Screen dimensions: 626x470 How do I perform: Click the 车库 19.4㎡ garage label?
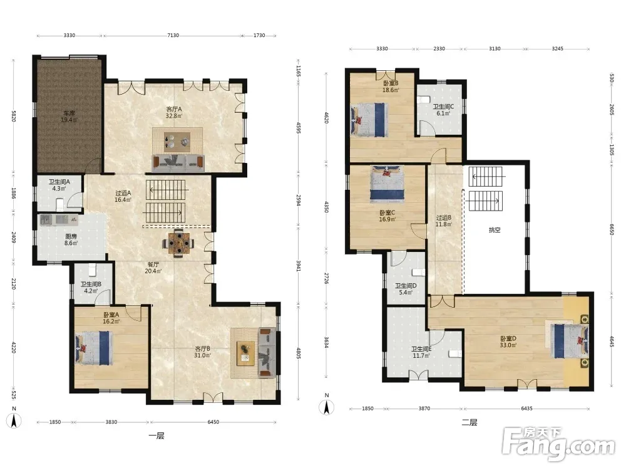coord(69,117)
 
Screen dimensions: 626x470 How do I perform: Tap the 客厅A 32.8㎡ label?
coord(174,112)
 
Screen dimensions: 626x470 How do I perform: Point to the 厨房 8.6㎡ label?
coord(71,239)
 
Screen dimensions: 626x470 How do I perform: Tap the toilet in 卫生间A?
coord(60,204)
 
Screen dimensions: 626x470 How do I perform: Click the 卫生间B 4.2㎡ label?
coord(91,288)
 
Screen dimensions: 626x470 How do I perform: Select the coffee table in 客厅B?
coord(245,353)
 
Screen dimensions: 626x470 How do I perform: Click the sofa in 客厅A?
coord(178,163)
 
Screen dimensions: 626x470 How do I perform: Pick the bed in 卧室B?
coord(369,120)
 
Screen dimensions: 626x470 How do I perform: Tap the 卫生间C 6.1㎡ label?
coord(443,110)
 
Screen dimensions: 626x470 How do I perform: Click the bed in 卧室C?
coord(387,182)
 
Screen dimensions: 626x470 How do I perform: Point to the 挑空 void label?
coord(495,230)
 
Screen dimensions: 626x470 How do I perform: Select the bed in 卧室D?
coord(570,341)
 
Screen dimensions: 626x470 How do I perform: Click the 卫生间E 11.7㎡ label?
coord(421,352)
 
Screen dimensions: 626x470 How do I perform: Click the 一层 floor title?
coord(156,436)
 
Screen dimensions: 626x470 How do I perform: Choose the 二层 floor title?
coord(469,422)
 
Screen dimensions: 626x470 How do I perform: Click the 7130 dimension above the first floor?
coord(173,35)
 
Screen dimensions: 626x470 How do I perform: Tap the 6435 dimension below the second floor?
coord(526,409)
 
